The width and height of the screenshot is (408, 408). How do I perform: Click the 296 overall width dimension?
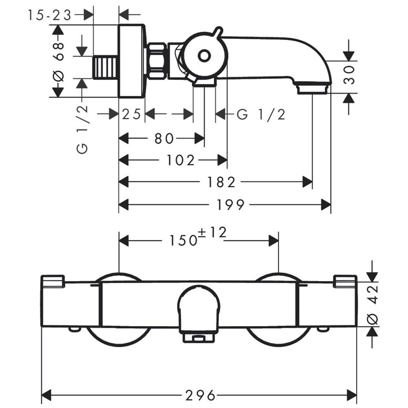coord(200,396)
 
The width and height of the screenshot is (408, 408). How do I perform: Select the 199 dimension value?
coord(231,204)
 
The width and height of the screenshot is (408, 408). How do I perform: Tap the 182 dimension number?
coord(221,182)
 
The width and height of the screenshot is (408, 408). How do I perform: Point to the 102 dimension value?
coord(180,160)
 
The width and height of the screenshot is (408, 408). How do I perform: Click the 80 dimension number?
coord(164,138)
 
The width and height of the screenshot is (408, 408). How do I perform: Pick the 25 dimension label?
coord(131,114)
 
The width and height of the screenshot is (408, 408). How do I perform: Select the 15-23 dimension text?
coord(49,15)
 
